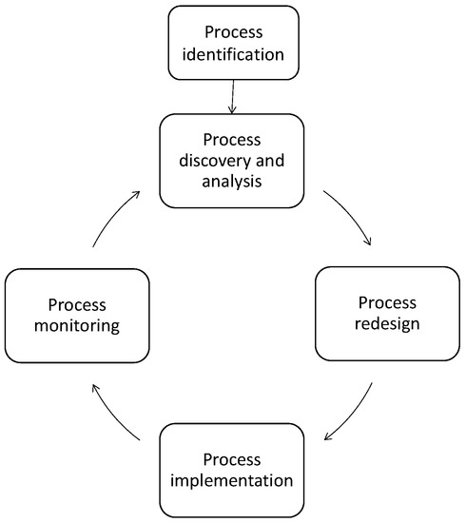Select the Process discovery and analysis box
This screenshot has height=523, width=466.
232,160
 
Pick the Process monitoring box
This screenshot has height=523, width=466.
77,316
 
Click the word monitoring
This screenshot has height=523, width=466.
77,327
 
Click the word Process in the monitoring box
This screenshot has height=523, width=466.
77,304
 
